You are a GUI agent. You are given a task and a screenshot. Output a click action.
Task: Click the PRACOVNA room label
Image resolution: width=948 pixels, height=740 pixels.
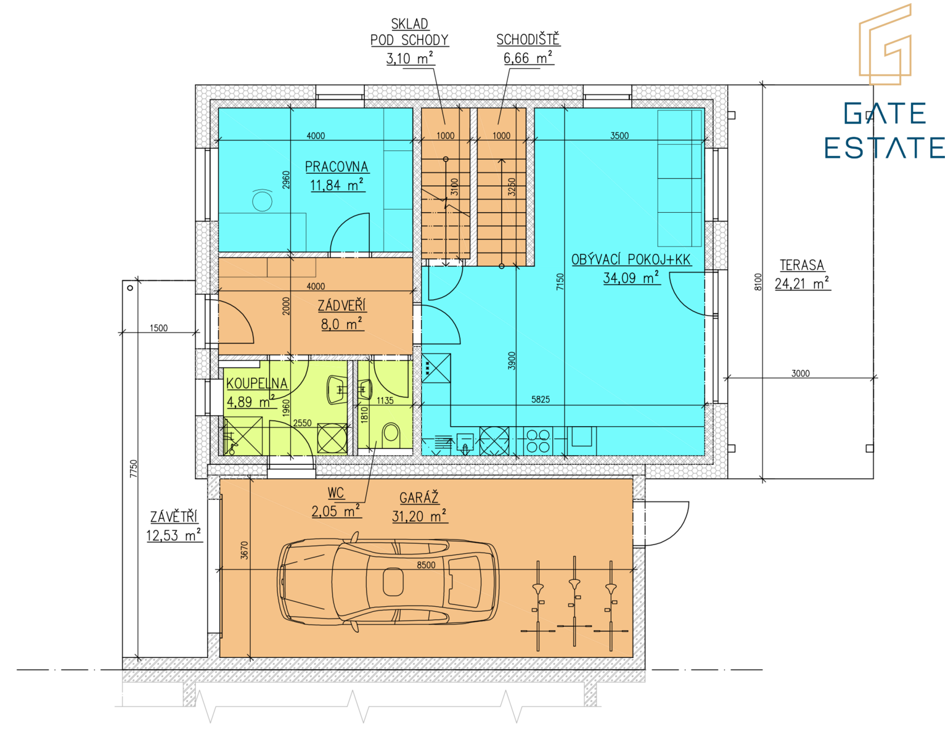pyautogui.click(x=337, y=166)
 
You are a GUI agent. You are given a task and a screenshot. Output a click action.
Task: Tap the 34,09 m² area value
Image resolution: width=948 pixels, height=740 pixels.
pyautogui.click(x=631, y=277)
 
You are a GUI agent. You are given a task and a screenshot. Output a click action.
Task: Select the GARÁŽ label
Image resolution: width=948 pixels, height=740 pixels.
pyautogui.click(x=419, y=498)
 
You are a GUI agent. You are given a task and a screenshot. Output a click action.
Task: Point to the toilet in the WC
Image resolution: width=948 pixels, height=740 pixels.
pyautogui.click(x=390, y=434)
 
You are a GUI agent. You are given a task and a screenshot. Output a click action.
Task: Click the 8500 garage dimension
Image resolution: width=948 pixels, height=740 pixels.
pyautogui.click(x=426, y=565)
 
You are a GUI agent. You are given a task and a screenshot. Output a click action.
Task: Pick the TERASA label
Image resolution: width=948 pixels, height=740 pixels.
pyautogui.click(x=802, y=265)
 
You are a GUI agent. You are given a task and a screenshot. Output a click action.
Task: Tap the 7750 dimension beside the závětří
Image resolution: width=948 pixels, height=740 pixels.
pyautogui.click(x=134, y=469)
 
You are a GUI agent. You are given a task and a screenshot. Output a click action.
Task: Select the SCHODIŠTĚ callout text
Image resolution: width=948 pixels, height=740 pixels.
pyautogui.click(x=528, y=39)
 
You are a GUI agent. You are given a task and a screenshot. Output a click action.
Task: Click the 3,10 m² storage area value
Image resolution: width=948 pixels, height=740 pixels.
pyautogui.click(x=410, y=58)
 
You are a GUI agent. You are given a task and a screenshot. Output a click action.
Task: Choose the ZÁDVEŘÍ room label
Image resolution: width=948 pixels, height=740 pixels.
pyautogui.click(x=341, y=305)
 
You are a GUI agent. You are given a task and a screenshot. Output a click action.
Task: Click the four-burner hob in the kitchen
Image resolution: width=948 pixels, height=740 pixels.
pyautogui.click(x=538, y=441)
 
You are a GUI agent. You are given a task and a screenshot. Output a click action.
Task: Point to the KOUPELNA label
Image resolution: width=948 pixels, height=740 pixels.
pyautogui.click(x=257, y=383)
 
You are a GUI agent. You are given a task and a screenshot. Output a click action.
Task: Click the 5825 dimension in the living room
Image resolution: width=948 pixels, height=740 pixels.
pyautogui.click(x=540, y=399)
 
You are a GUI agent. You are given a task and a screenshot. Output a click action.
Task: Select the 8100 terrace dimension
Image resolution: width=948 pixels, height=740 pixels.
pyautogui.click(x=758, y=282)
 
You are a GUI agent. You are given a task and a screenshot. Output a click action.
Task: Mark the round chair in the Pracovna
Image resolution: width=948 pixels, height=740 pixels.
pyautogui.click(x=262, y=200)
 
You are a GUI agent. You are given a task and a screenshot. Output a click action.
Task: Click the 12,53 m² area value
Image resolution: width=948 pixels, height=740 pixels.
pyautogui.click(x=174, y=535)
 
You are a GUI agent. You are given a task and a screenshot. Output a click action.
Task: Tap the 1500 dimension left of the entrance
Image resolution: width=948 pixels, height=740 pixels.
pyautogui.click(x=158, y=327)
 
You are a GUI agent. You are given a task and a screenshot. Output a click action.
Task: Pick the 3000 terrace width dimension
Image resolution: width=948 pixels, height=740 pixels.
pyautogui.click(x=800, y=373)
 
